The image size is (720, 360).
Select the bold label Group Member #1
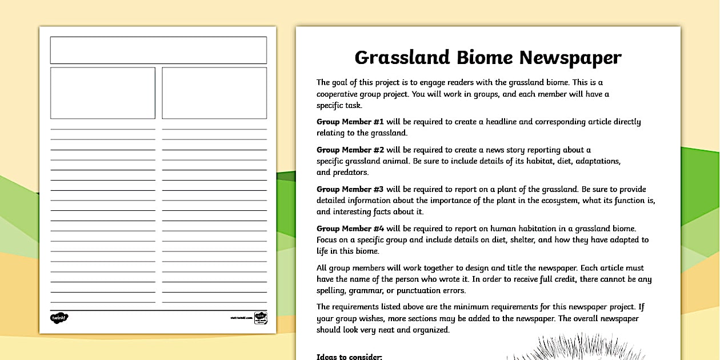coord(350,122)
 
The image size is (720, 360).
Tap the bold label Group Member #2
coord(350,150)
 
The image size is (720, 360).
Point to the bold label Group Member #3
coord(350,189)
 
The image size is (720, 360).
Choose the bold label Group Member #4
coord(350,229)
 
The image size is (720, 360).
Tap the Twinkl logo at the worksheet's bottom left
coord(59,318)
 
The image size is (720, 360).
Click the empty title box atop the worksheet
coord(158,50)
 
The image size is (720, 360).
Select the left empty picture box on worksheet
coord(103,93)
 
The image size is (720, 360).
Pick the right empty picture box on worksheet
coord(214,93)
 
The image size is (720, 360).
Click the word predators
coord(351,172)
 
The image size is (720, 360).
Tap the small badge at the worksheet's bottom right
coord(261,318)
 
